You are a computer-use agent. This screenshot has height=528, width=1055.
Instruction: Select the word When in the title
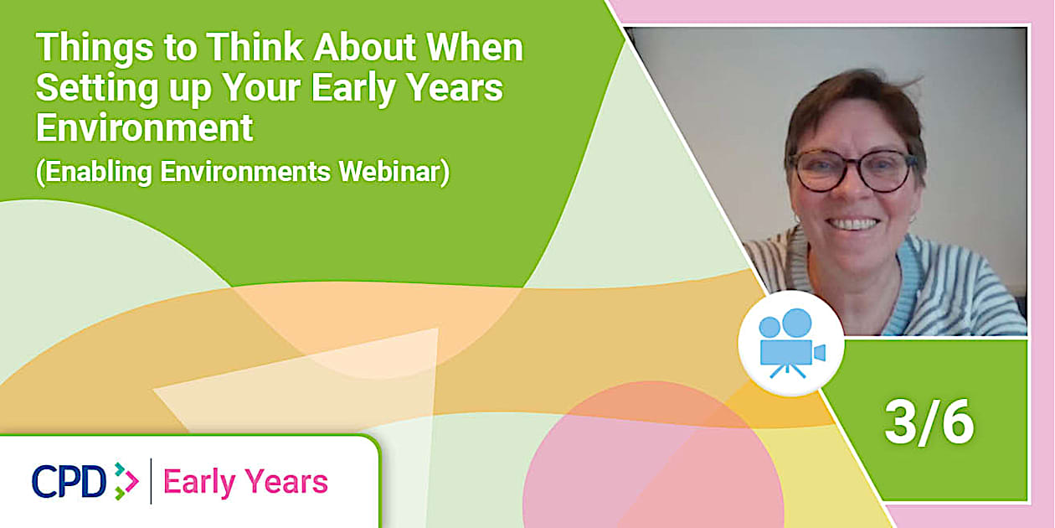(x=475, y=47)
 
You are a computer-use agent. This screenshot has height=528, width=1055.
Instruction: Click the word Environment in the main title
(x=145, y=127)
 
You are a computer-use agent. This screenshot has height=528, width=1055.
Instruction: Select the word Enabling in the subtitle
(x=99, y=172)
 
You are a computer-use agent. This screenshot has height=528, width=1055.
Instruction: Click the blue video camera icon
(x=791, y=343)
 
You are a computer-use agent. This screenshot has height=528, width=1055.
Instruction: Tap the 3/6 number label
(x=929, y=422)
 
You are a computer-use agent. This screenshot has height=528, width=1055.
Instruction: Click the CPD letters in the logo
(x=69, y=481)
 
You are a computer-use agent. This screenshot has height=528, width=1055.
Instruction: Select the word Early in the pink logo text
(x=199, y=483)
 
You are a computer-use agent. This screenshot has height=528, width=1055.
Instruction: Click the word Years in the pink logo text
(x=286, y=482)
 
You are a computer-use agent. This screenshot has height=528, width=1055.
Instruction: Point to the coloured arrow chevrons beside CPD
(x=126, y=481)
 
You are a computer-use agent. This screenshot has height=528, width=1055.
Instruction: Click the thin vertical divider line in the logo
(x=152, y=481)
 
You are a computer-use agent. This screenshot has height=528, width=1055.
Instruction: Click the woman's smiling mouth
(x=852, y=224)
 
